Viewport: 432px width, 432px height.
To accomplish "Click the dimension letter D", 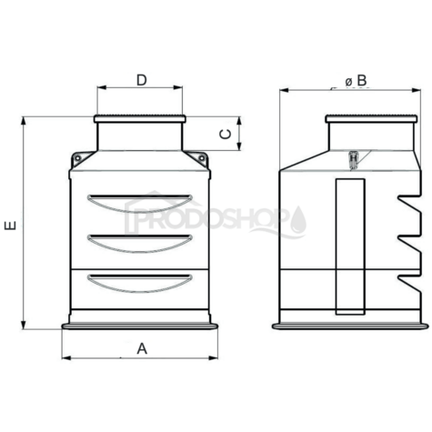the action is pos(142,80).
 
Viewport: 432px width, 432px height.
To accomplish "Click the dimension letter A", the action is pos(142,348).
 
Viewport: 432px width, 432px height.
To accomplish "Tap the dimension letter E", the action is pos(10,226).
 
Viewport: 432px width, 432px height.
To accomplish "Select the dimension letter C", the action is pos(226,134).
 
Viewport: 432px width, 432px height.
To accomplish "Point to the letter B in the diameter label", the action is pos(362,81).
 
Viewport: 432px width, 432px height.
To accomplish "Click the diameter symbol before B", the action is pos(348,82).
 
